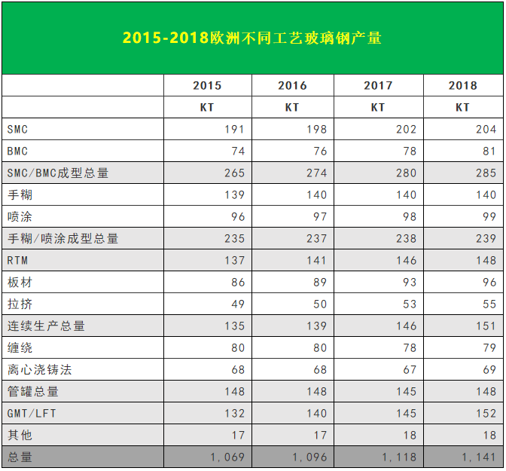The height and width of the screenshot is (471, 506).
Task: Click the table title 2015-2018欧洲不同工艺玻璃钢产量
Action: click(252, 38)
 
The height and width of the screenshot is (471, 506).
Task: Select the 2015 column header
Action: click(207, 86)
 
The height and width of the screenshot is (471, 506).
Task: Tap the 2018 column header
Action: click(462, 86)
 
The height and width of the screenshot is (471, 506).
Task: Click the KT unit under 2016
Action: click(292, 108)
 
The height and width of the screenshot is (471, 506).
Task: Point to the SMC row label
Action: click(17, 130)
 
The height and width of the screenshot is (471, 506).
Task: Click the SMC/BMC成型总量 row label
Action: click(58, 173)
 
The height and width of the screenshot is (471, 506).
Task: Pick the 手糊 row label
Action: click(20, 195)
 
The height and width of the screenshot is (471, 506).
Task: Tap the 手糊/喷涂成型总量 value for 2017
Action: click(406, 239)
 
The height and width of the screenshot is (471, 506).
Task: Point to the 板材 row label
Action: click(20, 283)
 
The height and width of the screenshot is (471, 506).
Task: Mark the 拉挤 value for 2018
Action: click(489, 304)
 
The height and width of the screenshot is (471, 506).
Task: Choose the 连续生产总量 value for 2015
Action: click(234, 326)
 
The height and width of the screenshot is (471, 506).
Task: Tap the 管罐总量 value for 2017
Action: click(406, 392)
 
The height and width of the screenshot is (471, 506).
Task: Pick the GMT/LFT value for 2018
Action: click(486, 414)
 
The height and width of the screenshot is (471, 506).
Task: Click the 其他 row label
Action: click(20, 436)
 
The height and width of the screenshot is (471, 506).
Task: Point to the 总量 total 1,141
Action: click(479, 457)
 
